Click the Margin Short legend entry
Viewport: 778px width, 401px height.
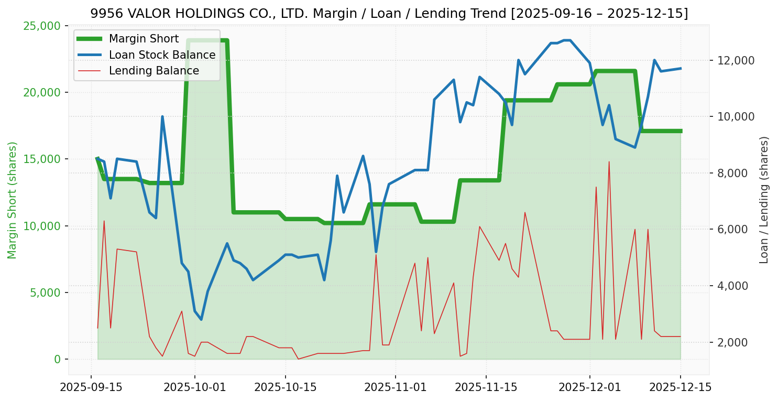(144, 39)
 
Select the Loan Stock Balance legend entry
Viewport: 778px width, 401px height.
(162, 55)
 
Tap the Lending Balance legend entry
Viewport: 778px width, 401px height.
(154, 71)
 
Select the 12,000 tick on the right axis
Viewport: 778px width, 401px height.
(733, 60)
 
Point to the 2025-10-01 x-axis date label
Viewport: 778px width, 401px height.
(195, 387)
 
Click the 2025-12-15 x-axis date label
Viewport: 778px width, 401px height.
(681, 387)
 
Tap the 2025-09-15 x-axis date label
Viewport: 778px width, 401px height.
(91, 387)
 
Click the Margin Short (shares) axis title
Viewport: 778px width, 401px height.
(13, 200)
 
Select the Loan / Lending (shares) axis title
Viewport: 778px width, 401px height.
(764, 200)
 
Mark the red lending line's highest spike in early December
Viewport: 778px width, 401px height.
(609, 161)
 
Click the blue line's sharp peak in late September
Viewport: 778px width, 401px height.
(162, 116)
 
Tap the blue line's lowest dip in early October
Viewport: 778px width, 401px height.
(201, 320)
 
